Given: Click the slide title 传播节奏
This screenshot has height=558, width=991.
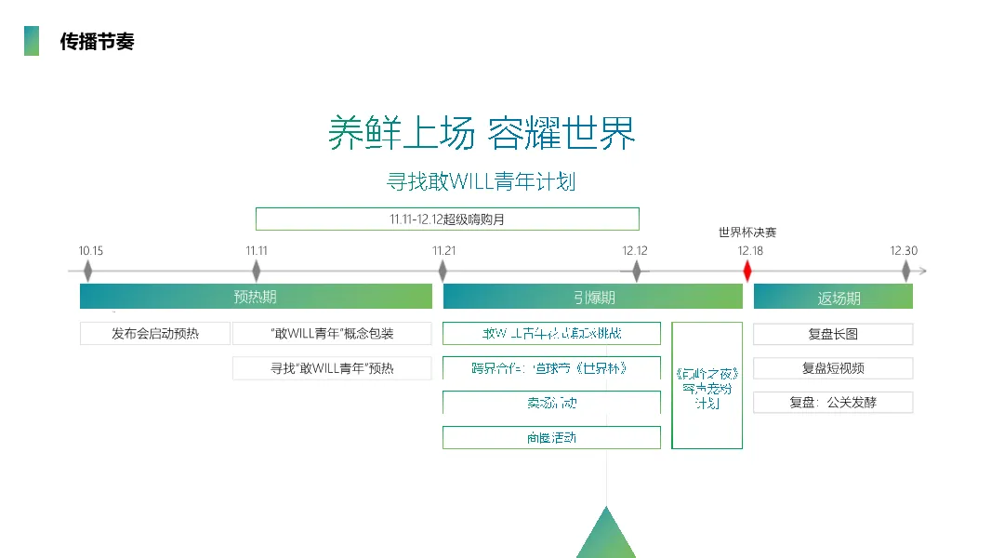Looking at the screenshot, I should click(97, 42).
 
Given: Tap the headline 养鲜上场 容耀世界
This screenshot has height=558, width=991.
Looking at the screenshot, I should click(482, 133).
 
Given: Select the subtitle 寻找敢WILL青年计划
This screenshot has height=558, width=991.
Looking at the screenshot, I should click(481, 181).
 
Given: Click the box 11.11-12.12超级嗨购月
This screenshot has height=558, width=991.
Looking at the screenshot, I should click(447, 219).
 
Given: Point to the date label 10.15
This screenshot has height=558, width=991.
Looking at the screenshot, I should click(91, 250).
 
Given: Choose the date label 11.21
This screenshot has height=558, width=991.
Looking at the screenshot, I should click(444, 250).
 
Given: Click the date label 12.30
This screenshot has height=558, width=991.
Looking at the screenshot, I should click(904, 250).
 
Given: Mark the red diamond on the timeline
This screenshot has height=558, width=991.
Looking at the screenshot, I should click(747, 271).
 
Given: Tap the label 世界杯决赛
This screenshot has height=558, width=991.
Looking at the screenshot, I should click(747, 232).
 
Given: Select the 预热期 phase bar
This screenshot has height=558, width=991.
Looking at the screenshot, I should click(256, 298).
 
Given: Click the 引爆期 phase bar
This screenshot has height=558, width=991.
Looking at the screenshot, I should click(593, 298).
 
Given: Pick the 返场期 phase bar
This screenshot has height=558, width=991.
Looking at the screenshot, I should click(833, 298).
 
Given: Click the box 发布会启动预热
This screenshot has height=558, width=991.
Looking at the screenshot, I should click(155, 334).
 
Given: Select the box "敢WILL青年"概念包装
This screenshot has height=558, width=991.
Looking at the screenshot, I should click(332, 334).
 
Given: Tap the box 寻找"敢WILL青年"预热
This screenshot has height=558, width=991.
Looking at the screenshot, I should click(332, 368).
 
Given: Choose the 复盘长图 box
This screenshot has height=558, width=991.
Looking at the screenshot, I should click(833, 334).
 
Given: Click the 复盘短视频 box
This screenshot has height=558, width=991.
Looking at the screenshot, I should click(833, 368).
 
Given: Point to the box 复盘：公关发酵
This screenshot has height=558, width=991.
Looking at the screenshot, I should click(833, 403).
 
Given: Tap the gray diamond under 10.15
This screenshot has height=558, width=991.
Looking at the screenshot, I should click(88, 271).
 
